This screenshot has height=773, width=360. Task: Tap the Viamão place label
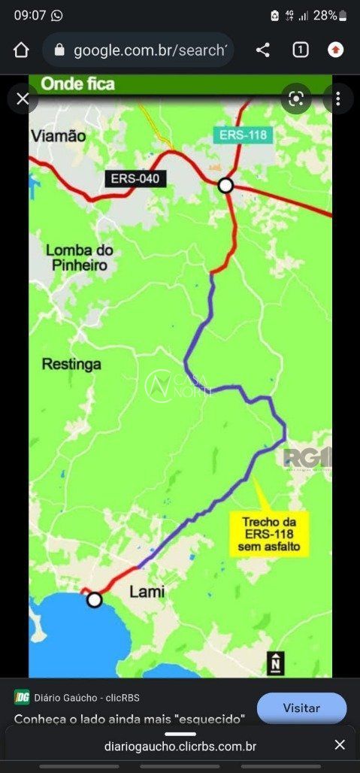point(59,136)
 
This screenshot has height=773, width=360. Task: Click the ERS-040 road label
point(136,178)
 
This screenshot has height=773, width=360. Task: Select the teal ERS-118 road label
point(241,135)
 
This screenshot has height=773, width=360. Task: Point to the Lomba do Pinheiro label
point(79,257)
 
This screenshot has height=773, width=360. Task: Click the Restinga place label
point(71,364)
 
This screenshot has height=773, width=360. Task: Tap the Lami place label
point(147,592)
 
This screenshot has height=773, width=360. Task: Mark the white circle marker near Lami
point(94,599)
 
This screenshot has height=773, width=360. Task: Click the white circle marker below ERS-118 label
point(225,185)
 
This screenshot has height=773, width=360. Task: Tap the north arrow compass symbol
point(276,662)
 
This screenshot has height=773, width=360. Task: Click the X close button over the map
point(23,99)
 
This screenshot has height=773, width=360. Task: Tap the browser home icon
point(21,50)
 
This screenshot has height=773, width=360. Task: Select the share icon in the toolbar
point(262,50)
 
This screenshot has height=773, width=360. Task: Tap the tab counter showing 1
point(300,50)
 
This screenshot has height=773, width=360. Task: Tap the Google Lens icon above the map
point(296,99)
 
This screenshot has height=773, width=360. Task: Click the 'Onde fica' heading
point(78,83)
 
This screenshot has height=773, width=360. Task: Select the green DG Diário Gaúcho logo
point(21,697)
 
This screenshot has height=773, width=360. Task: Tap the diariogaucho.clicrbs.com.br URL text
point(180,746)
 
